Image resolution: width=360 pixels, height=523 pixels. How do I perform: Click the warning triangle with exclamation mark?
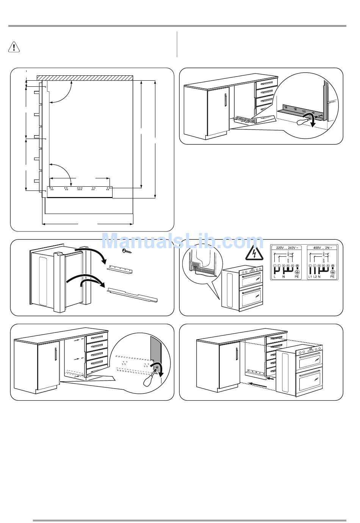click(14, 47)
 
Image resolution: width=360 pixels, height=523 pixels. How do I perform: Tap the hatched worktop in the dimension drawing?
click(85, 78)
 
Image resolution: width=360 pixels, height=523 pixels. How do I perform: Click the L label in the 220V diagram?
click(274, 277)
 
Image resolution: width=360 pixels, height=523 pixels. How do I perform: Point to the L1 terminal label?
click(310, 277)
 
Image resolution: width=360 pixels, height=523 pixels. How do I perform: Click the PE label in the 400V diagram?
click(332, 277)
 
